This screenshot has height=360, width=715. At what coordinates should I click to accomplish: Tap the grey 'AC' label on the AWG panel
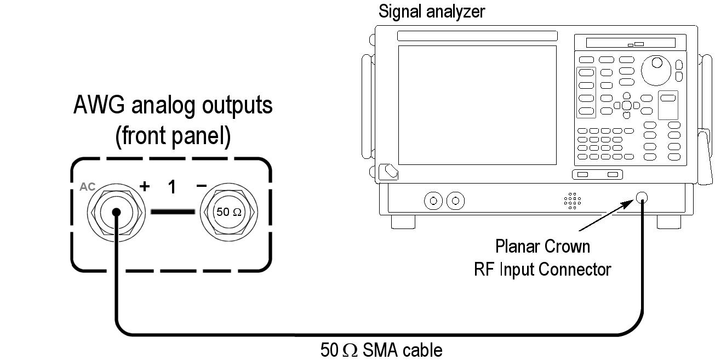coord(87,187)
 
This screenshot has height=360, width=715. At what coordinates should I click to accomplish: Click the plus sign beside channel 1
coord(145,186)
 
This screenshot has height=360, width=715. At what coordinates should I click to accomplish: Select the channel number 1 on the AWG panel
coord(172,187)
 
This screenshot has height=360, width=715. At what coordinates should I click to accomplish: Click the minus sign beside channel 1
coord(201,186)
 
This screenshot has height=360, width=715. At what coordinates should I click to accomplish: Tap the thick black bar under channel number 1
coord(173,211)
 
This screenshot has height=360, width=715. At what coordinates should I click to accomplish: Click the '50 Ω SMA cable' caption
coord(381,350)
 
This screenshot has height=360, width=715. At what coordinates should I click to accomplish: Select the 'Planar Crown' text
coord(542,247)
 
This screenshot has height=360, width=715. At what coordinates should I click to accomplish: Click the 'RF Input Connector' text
coord(542,269)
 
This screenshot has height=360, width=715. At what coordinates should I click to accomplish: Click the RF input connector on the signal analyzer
coord(642,198)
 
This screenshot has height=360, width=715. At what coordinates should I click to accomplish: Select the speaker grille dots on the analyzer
coord(572,201)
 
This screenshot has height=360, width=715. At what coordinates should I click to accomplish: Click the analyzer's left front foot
coord(403,222)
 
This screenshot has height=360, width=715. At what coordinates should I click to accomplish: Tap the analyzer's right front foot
coord(668,222)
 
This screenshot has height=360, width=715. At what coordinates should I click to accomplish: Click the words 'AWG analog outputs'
coord(173,105)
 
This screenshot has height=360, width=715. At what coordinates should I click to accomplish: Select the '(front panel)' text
coord(173,136)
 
